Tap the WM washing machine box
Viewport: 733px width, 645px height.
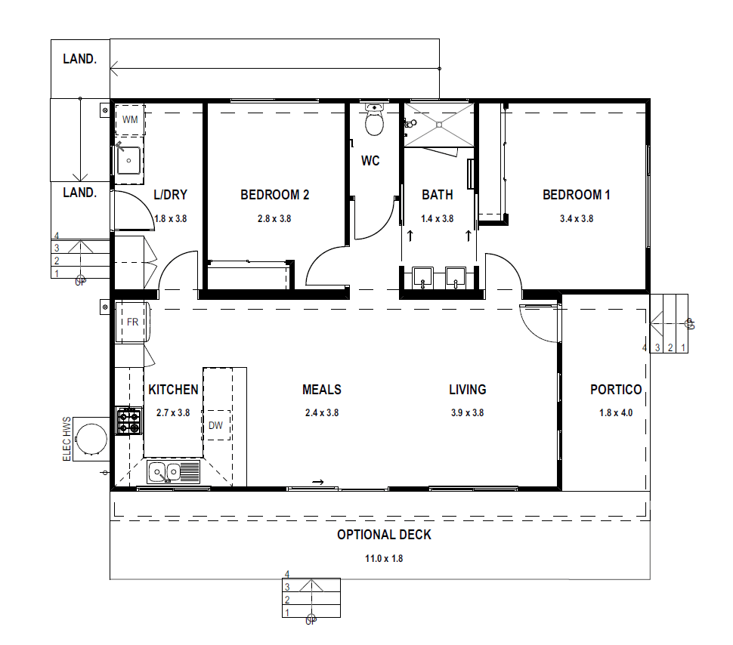[x=131, y=119]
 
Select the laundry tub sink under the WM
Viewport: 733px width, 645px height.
[x=128, y=160]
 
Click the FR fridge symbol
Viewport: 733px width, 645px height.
[x=132, y=322]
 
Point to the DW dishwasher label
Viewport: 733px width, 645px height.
[x=215, y=425]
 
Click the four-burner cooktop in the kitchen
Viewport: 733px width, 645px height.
[x=129, y=421]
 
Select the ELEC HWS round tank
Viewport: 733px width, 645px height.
[x=91, y=438]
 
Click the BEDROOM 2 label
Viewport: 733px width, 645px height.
[x=275, y=195]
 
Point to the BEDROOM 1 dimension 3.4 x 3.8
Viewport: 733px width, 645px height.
[x=577, y=219]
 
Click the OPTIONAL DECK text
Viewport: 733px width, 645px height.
[x=385, y=535]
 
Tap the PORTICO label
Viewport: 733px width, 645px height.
[x=616, y=390]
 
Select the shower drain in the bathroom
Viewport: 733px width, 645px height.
[x=439, y=125]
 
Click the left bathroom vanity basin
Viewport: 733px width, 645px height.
[x=422, y=277]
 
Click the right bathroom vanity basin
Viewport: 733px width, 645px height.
[x=456, y=277]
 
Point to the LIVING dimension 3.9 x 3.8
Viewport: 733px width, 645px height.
[x=468, y=412]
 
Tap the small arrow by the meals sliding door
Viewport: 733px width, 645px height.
[x=318, y=482]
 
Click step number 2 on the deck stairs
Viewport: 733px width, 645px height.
[x=287, y=600]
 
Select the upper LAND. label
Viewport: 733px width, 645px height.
[x=80, y=59]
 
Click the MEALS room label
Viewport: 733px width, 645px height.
[x=322, y=390]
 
